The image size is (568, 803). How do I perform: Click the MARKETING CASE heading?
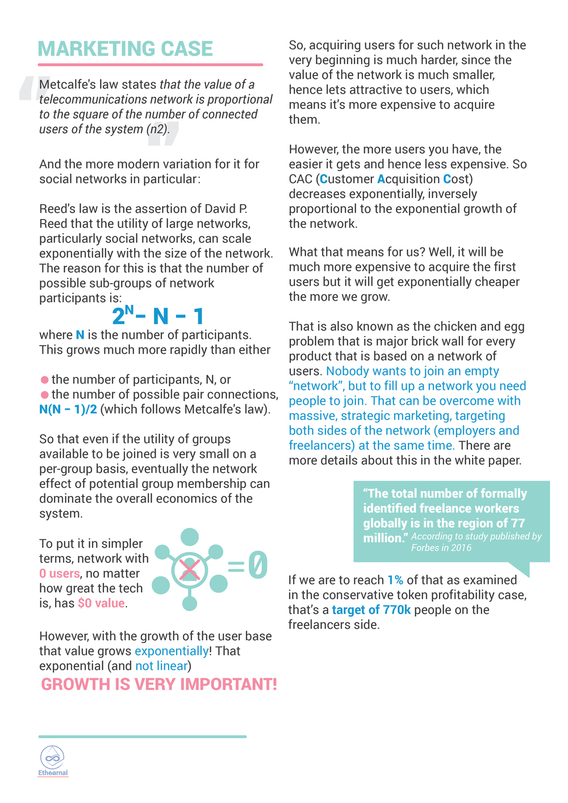pos(125,49)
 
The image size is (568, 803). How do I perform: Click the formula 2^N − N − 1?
pos(157,316)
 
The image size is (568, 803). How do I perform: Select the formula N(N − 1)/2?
pos(68,409)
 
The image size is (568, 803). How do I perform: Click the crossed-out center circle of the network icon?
pos(189,569)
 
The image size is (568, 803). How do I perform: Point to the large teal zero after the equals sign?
pos(257,565)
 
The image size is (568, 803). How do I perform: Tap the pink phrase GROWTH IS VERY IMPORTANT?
pos(158,684)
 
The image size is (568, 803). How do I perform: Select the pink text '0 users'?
pos(59,574)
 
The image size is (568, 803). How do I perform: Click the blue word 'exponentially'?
pos(172,651)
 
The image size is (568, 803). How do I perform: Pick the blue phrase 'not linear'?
pos(161,666)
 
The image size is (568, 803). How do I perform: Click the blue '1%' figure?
pos(395,580)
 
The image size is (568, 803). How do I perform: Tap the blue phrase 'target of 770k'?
pos(371,610)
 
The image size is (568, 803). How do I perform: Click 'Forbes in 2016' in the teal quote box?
pos(441,548)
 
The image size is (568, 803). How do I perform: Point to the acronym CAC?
pos(300,179)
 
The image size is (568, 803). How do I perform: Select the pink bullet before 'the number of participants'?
pos(44,380)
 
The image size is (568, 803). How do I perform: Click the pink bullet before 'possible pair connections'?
pos(44,394)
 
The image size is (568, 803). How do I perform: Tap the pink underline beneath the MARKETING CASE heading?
pos(151,65)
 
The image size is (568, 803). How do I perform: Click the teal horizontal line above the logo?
pos(142,737)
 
